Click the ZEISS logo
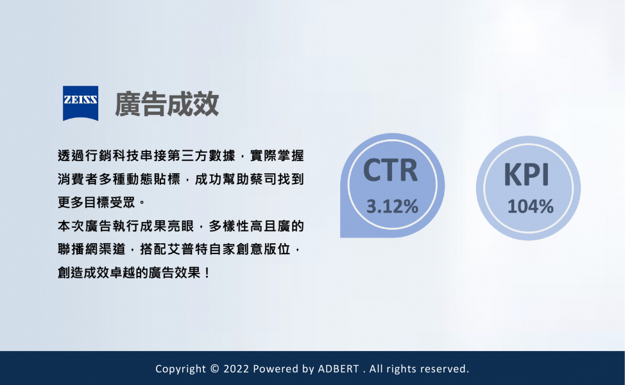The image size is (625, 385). pyautogui.click(x=80, y=103)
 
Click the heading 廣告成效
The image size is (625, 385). pyautogui.click(x=167, y=104)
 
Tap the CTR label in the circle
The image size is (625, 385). pyautogui.click(x=390, y=171)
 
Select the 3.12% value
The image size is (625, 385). pyautogui.click(x=392, y=207)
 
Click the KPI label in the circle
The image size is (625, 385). pyautogui.click(x=527, y=175)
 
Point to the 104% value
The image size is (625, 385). pyautogui.click(x=530, y=207)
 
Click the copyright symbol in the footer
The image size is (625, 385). pyautogui.click(x=214, y=369)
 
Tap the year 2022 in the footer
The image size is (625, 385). pyautogui.click(x=236, y=369)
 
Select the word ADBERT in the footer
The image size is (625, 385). pyautogui.click(x=338, y=369)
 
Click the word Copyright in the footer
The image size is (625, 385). pyautogui.click(x=180, y=369)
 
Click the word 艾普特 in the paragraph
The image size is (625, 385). pyautogui.click(x=187, y=250)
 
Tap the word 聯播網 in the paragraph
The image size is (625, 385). pyautogui.click(x=78, y=250)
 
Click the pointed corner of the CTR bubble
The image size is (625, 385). pyautogui.click(x=341, y=237)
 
